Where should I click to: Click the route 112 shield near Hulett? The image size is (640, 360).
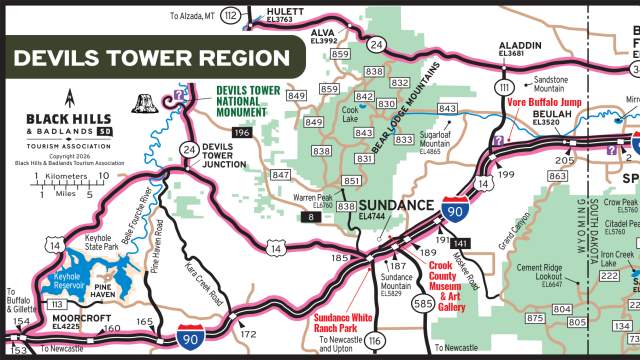[232, 15]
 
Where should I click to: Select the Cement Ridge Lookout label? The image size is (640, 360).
[539, 272]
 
